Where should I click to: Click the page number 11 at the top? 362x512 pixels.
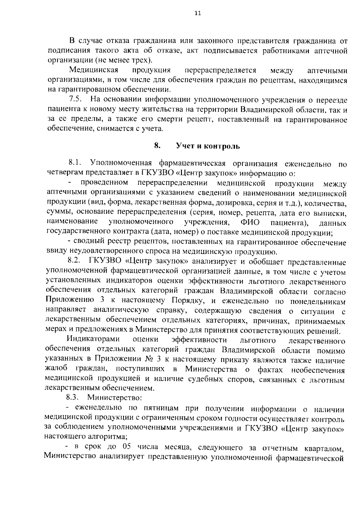[x=198, y=13]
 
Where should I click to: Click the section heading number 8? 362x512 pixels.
[x=157, y=146]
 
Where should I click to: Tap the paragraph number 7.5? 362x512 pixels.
[x=75, y=100]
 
